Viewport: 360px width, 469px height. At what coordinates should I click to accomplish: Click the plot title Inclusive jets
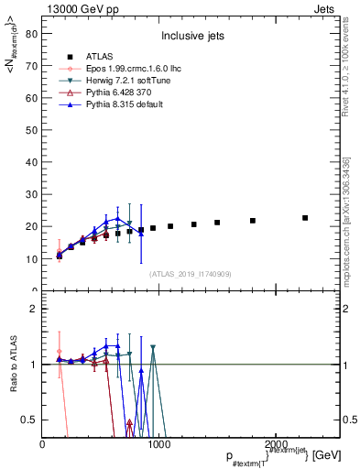tap(189, 37)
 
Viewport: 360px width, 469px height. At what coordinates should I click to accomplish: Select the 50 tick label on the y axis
tap(32, 130)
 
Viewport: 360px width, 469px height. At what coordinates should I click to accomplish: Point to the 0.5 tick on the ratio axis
tap(29, 420)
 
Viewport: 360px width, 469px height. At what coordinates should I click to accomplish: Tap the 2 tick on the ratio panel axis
tap(34, 309)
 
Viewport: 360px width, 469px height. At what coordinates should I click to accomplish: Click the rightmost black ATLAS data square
tap(305, 218)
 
